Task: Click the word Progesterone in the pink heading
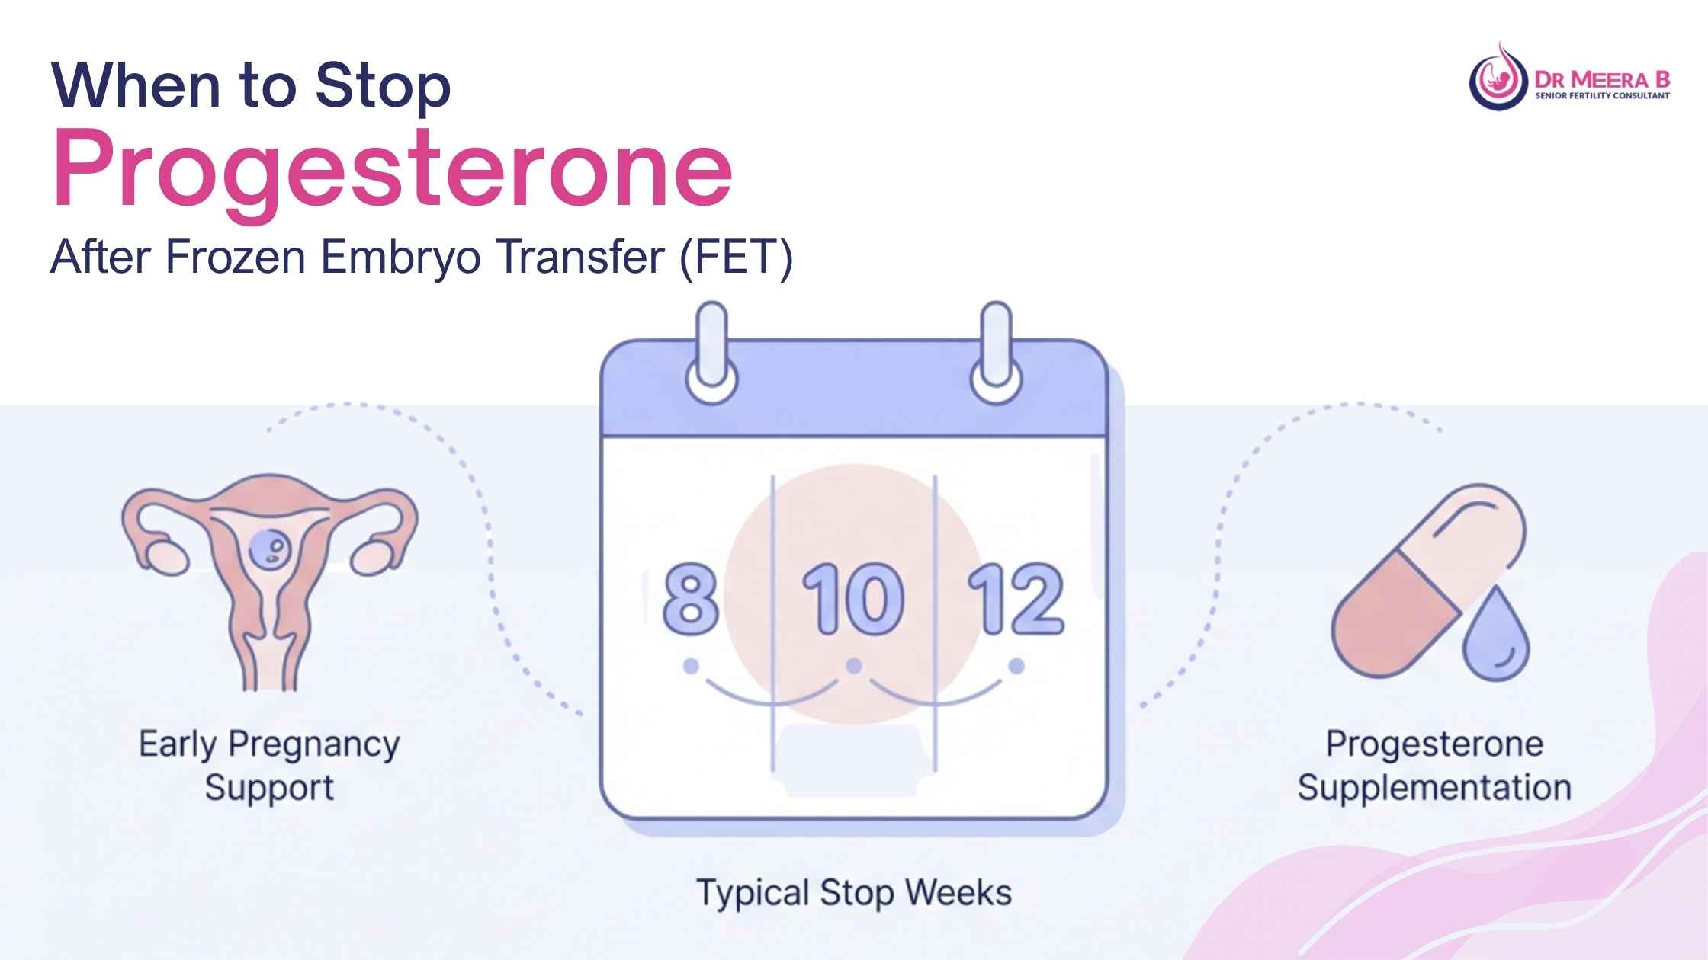[393, 169]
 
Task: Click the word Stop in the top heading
[383, 85]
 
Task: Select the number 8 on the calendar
[690, 600]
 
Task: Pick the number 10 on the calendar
[853, 600]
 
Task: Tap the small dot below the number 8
[691, 667]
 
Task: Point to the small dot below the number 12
[1016, 667]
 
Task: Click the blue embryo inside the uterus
[270, 549]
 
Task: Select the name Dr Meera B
[1602, 79]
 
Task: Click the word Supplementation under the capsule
[1434, 788]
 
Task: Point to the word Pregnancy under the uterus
[313, 745]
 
